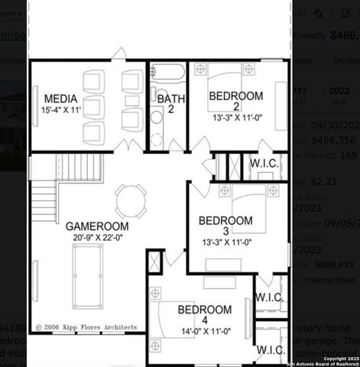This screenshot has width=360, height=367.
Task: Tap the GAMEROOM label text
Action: [96, 226]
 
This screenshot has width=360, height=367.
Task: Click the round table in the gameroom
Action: [128, 201]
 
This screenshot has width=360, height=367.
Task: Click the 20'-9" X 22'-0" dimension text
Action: [96, 239]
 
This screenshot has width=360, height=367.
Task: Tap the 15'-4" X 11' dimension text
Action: [61, 111]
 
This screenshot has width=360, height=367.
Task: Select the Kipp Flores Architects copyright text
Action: [86, 327]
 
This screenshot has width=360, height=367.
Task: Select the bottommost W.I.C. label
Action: [271, 349]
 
